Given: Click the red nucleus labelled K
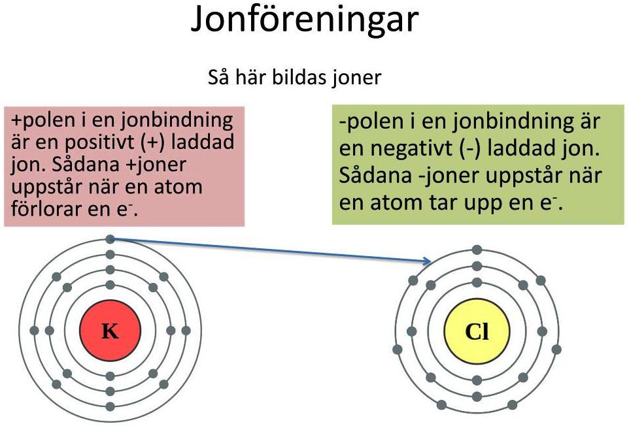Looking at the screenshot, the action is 110,331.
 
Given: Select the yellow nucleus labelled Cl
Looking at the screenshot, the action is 477,331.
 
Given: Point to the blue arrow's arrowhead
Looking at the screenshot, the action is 428,261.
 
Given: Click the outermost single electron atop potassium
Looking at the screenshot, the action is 110,240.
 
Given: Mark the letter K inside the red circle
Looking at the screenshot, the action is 110,331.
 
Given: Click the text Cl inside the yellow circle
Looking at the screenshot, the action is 477,332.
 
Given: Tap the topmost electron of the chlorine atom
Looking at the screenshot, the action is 477,250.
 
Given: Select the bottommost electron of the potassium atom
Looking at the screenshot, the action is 110,406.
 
